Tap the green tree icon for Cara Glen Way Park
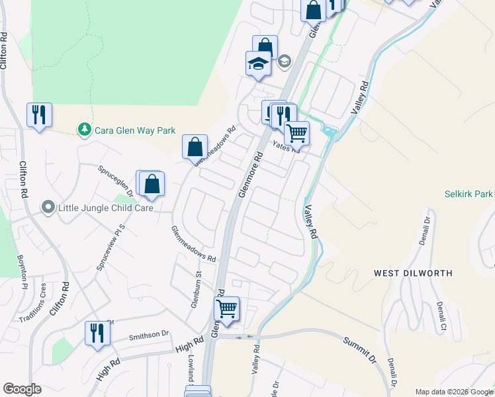pyautogui.click(x=84, y=130)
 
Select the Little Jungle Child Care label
pyautogui.click(x=106, y=208)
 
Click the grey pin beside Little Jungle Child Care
pyautogui.click(x=48, y=208)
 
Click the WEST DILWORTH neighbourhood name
pyautogui.click(x=413, y=273)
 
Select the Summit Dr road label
pyautogui.click(x=359, y=350)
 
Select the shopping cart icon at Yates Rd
pyautogui.click(x=296, y=132)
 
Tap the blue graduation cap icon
pyautogui.click(x=258, y=64)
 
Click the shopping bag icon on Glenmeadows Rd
pyautogui.click(x=195, y=148)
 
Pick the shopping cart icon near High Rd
pyautogui.click(x=227, y=309)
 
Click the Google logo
pyautogui.click(x=22, y=389)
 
